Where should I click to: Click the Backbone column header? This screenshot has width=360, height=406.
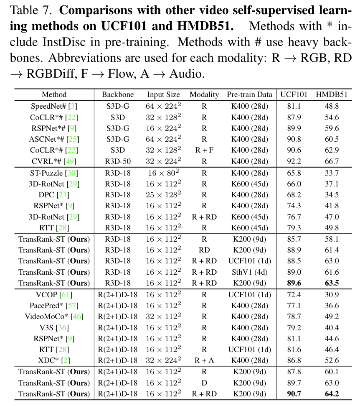117,94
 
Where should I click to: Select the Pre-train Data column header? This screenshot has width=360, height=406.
249,94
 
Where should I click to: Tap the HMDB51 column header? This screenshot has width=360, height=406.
332,94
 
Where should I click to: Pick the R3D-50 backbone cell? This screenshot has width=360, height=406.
117,161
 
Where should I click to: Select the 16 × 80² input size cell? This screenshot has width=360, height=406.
163,173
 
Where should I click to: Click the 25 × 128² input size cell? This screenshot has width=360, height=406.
163,195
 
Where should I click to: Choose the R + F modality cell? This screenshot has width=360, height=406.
204,150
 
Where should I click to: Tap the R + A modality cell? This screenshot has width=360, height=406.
204,360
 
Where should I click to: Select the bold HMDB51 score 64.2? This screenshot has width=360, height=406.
332,393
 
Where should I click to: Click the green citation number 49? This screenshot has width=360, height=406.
70,161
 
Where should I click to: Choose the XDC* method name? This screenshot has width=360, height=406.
48,360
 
